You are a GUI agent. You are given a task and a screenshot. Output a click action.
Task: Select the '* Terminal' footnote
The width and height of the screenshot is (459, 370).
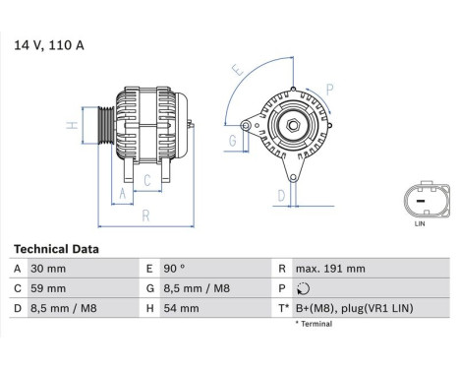[312, 324]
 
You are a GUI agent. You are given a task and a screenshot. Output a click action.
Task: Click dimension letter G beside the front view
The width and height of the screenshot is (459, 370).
[233, 142]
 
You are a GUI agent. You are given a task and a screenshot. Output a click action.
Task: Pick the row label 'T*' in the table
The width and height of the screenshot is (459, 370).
[282, 309]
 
